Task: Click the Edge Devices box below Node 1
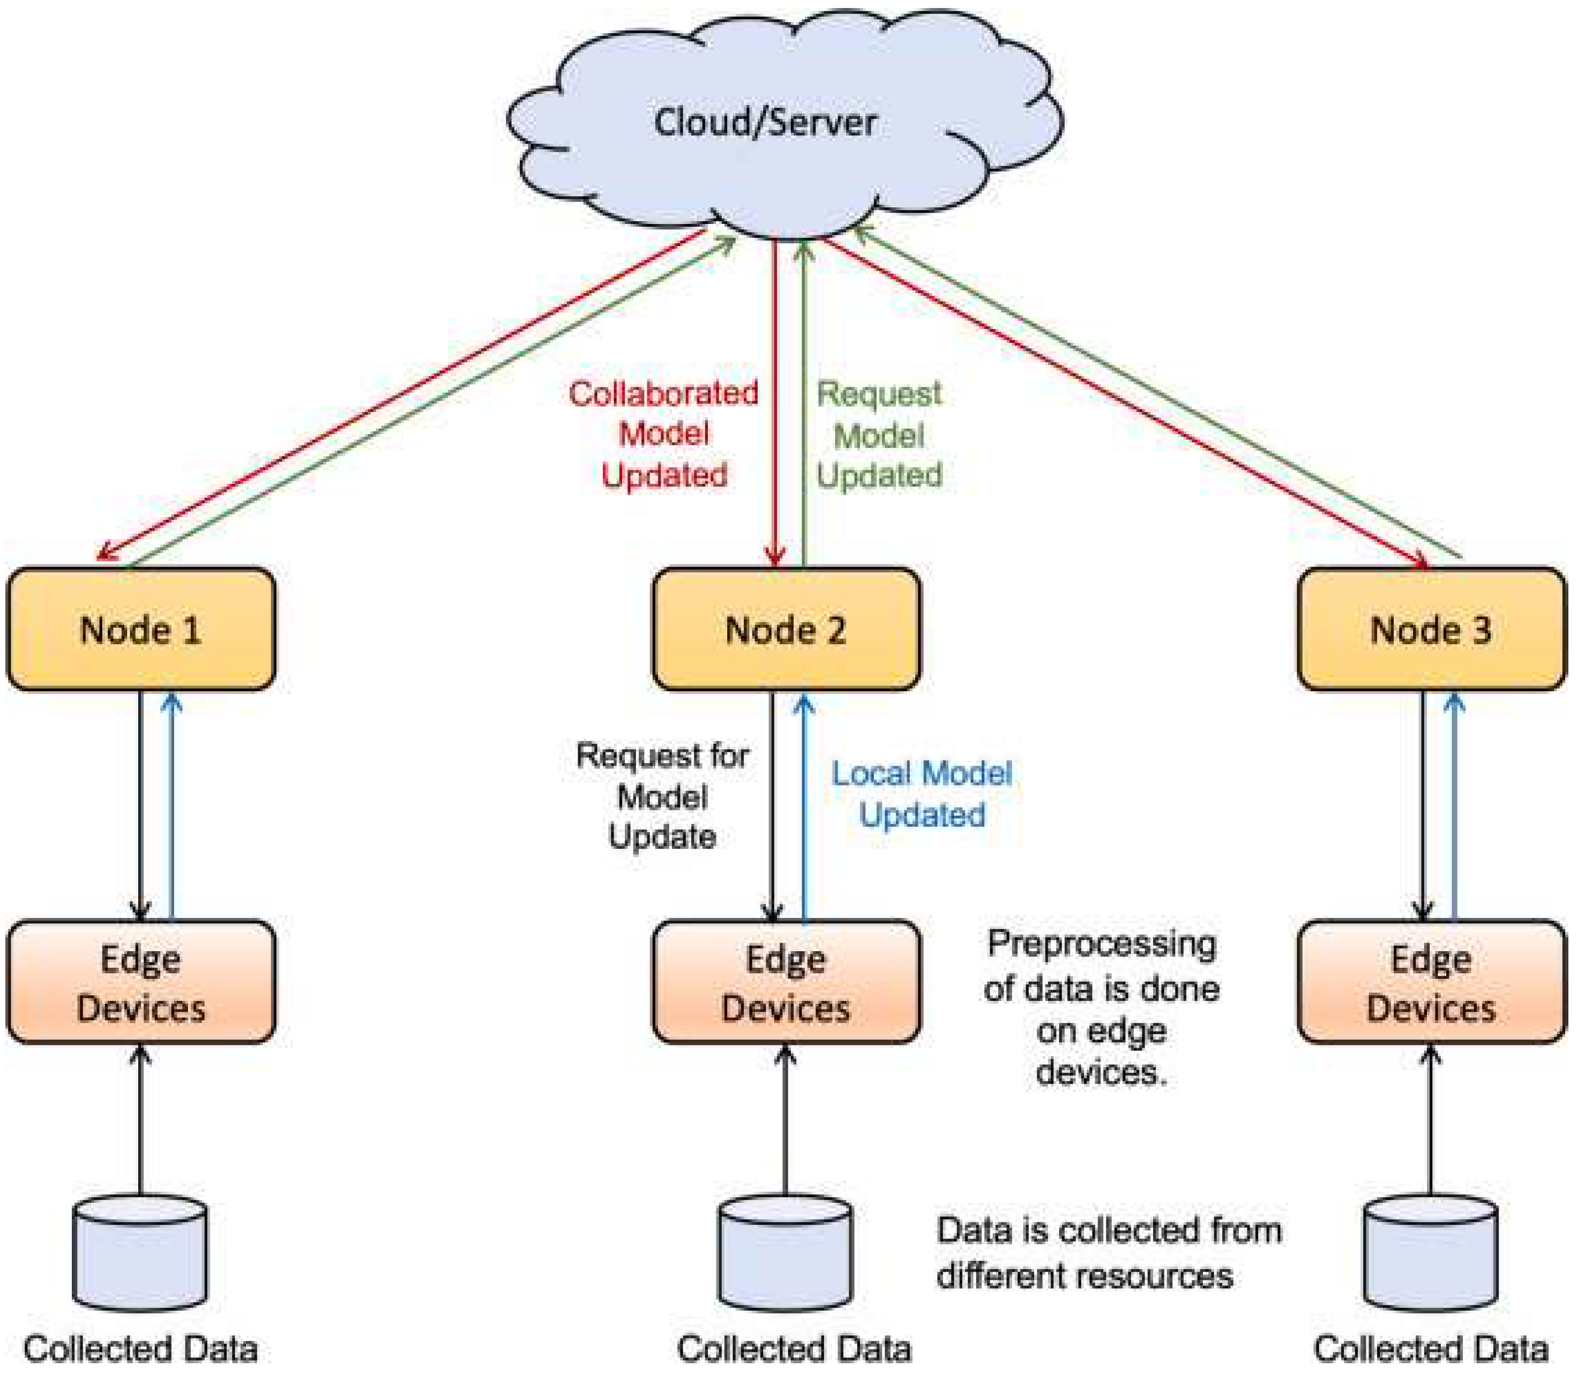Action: [141, 983]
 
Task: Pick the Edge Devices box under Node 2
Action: [786, 983]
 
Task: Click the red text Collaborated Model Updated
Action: [664, 434]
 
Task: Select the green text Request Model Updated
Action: [879, 434]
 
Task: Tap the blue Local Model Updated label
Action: [922, 794]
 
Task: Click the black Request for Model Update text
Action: [662, 796]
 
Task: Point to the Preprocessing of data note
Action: [1101, 1008]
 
